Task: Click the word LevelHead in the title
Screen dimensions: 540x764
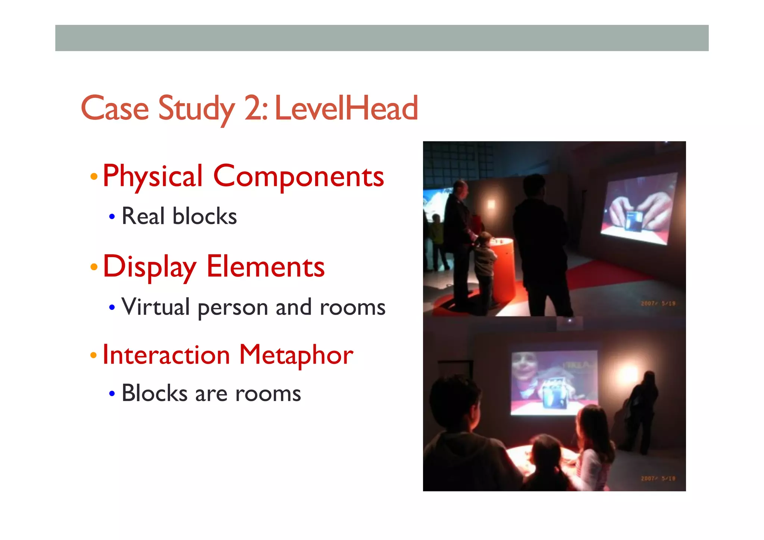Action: point(346,108)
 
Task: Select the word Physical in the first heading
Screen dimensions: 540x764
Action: point(153,176)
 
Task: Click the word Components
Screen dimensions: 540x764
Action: point(298,176)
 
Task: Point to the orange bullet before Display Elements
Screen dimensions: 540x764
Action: point(94,267)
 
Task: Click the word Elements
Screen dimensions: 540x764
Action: point(265,267)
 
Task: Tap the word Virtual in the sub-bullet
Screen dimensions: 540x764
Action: point(156,307)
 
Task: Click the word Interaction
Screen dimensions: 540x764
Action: point(166,355)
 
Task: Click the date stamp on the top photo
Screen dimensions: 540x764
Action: point(658,303)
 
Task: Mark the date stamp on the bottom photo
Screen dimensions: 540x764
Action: point(658,478)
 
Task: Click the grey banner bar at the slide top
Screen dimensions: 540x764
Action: point(382,38)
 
